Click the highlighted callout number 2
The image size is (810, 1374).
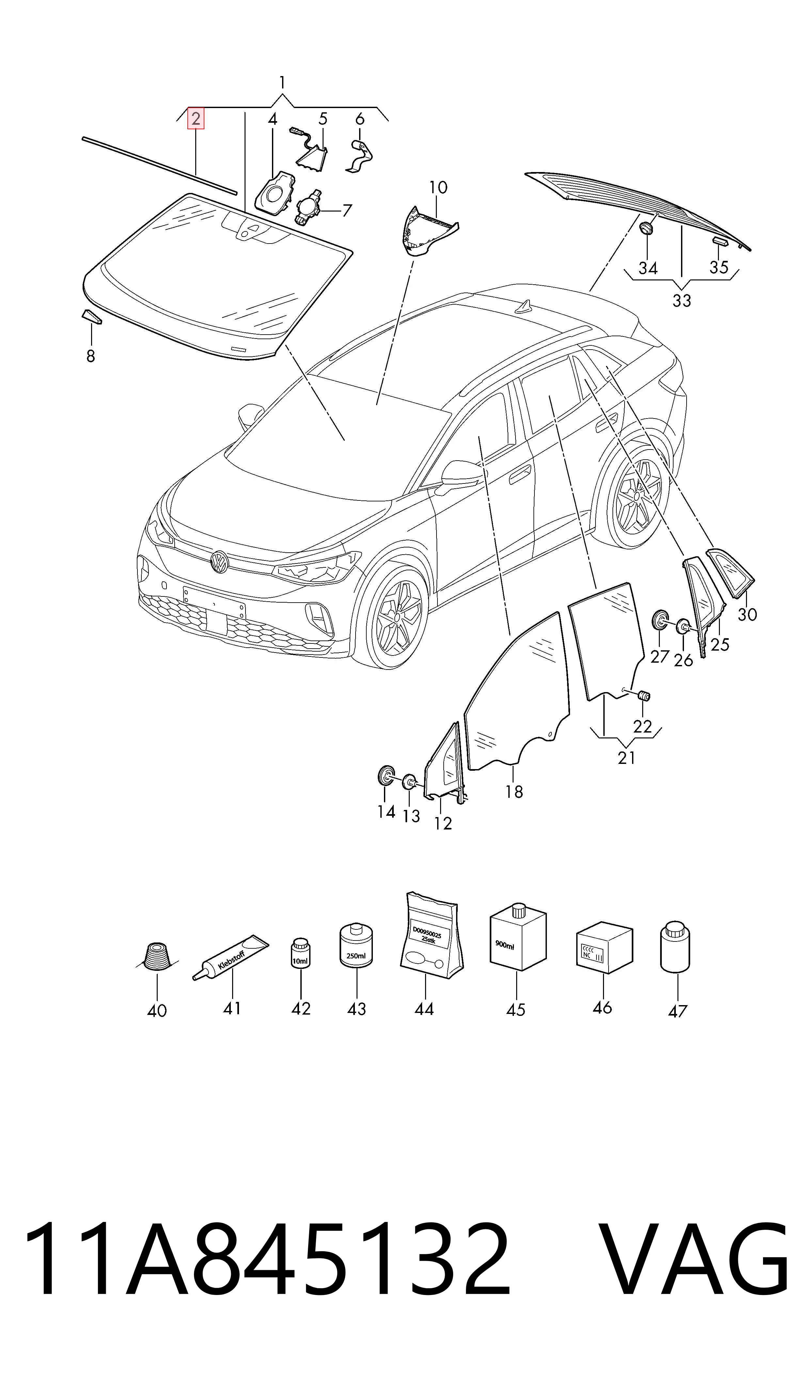point(196,119)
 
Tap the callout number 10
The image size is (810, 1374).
point(438,188)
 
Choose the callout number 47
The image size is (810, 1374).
point(677,1011)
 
